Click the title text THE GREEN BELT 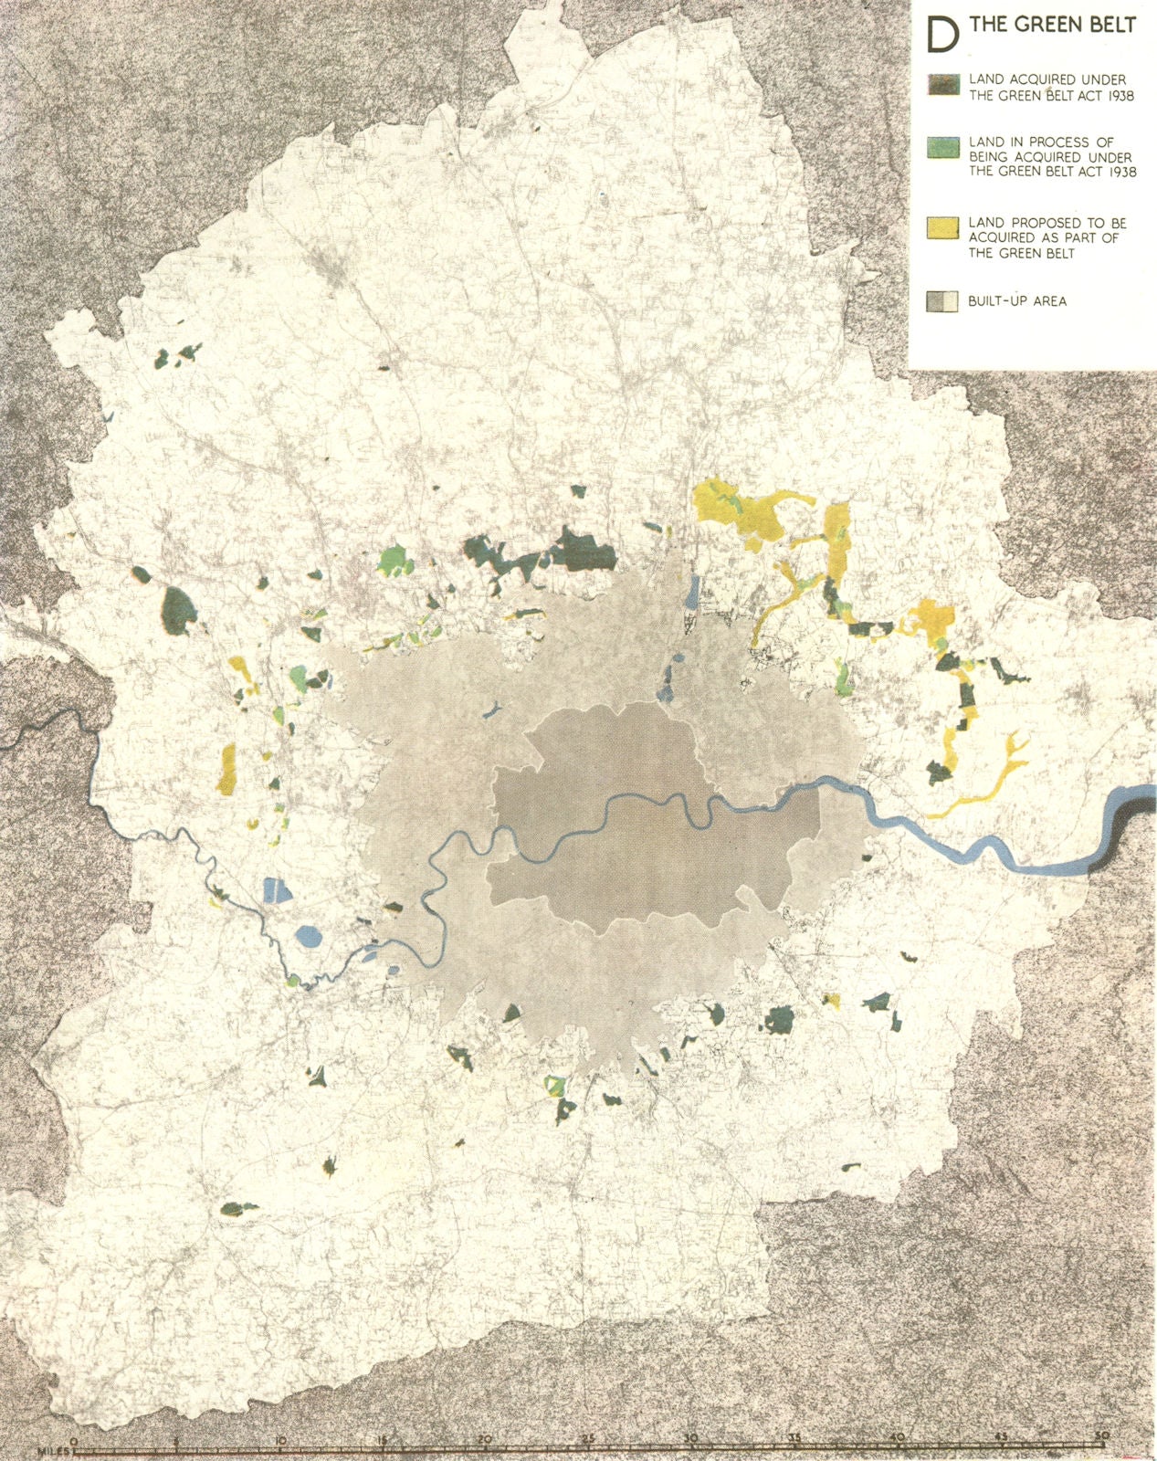[1052, 26]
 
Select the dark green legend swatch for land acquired [941, 85]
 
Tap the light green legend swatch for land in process [941, 146]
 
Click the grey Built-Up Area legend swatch [941, 301]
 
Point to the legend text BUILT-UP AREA [1017, 301]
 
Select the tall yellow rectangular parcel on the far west [226, 768]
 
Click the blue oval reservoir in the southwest [309, 935]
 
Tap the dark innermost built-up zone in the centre [639, 822]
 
